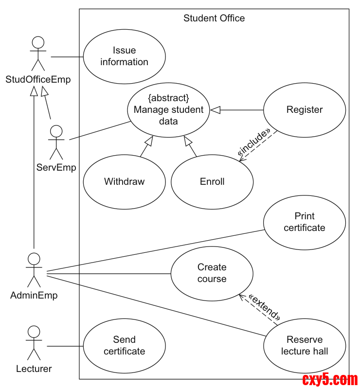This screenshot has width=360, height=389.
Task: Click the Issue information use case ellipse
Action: point(124,56)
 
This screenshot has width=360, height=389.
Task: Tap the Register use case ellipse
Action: point(305,110)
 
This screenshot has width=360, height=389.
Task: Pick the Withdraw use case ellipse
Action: point(124,182)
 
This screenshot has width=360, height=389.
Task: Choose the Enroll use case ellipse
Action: point(212,182)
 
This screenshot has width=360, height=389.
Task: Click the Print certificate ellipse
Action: point(305,222)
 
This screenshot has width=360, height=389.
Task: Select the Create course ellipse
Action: point(212,273)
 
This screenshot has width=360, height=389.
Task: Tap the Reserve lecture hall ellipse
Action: point(305,346)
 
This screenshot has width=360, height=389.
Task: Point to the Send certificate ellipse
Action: point(124,346)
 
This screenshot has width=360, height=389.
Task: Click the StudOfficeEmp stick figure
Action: point(38,54)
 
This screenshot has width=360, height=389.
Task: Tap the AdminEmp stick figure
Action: point(34,270)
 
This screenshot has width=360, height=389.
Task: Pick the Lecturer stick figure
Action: point(33,343)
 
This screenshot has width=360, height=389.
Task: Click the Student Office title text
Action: point(214,18)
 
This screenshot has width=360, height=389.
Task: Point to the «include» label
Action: point(253,142)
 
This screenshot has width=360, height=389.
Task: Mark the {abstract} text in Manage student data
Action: point(168,98)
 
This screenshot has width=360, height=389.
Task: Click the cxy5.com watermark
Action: point(330,379)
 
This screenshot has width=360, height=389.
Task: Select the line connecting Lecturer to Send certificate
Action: point(65,346)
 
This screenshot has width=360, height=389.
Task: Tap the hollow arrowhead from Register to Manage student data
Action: point(216,110)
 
